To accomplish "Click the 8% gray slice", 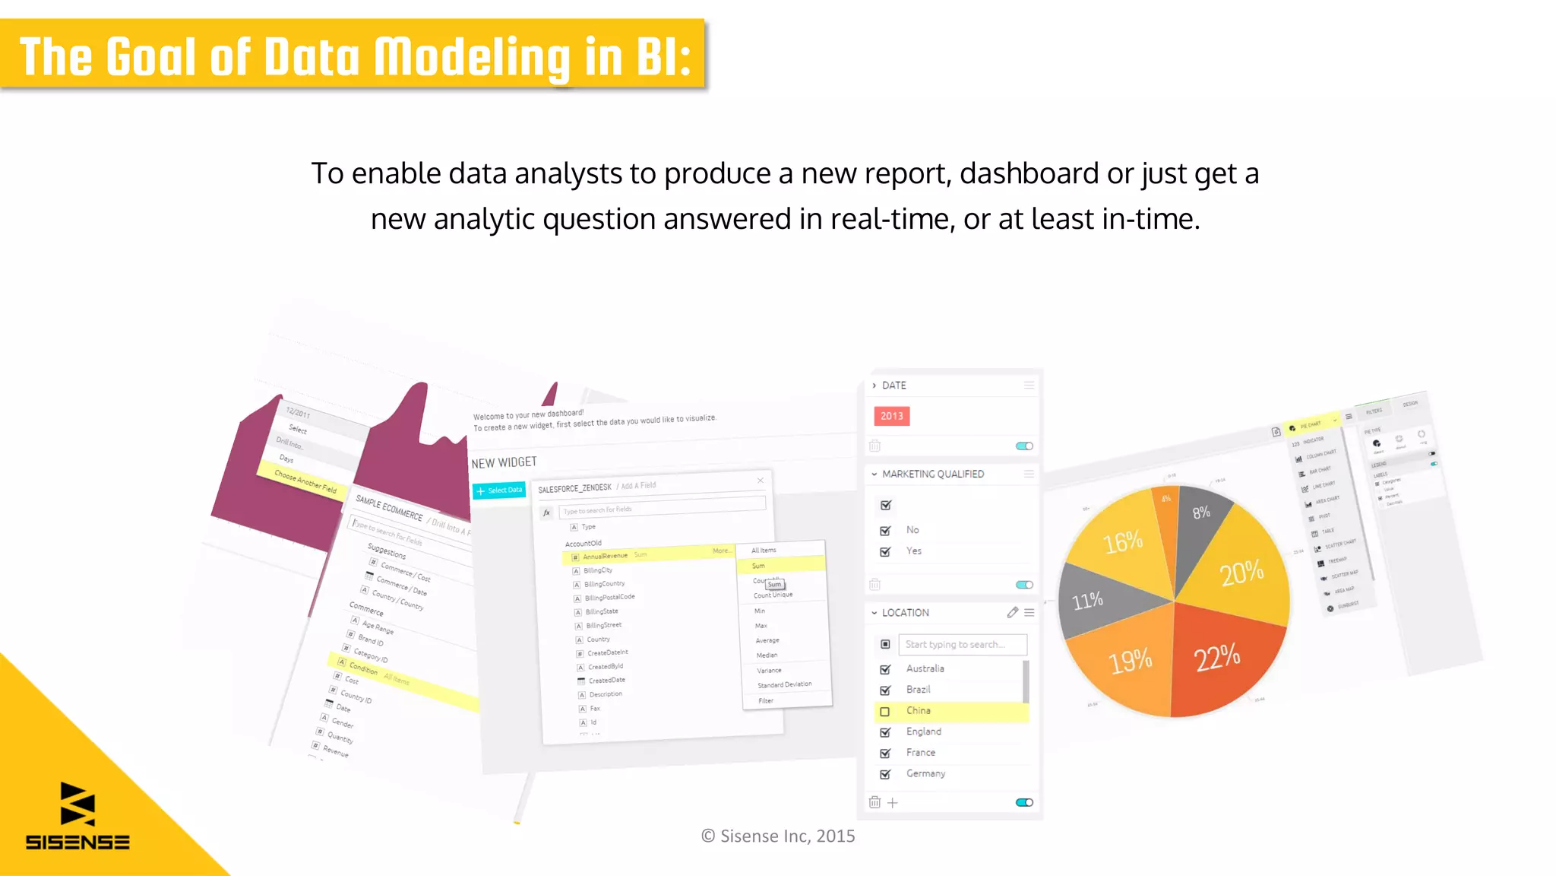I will pos(1201,513).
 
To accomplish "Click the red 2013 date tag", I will pos(892,416).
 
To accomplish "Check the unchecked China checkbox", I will pos(885,712).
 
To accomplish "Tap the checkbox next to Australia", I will pos(885,669).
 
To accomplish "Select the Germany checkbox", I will pos(885,774).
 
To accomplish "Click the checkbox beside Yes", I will pos(885,551).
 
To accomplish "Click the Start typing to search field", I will pos(962,644).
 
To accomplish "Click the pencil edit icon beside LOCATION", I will pos(1012,612).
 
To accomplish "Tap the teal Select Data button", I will pos(499,490).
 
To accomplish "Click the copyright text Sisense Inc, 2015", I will pos(778,836).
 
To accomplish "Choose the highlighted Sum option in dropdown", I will pos(780,565).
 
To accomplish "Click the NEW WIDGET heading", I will pos(504,462).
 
